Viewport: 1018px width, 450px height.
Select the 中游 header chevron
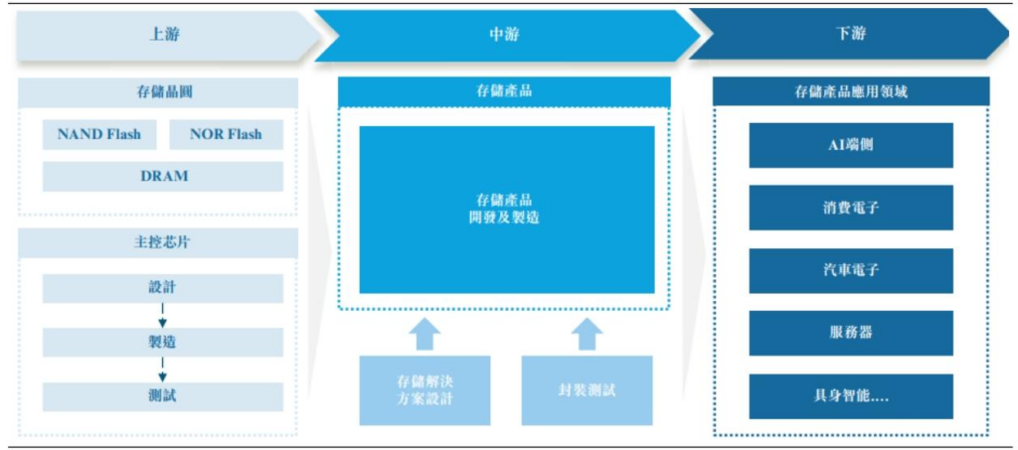[504, 34]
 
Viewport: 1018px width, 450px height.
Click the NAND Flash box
[99, 134]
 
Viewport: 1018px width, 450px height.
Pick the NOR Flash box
[226, 134]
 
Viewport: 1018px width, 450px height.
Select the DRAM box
[163, 176]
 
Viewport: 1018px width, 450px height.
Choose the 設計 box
[163, 288]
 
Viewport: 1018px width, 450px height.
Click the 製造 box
[163, 342]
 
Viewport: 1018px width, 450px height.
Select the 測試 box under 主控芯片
[163, 396]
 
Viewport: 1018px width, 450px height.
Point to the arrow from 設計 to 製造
[163, 315]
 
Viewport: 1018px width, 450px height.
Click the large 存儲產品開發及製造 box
[507, 209]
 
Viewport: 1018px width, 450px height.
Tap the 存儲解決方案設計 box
[424, 389]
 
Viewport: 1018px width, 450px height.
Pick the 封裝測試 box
[587, 389]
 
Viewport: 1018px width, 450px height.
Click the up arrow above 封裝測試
[588, 333]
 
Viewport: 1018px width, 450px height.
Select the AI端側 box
[851, 145]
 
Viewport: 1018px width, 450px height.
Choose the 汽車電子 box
[851, 270]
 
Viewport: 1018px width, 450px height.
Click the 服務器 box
[851, 333]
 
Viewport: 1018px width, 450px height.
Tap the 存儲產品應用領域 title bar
[851, 91]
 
